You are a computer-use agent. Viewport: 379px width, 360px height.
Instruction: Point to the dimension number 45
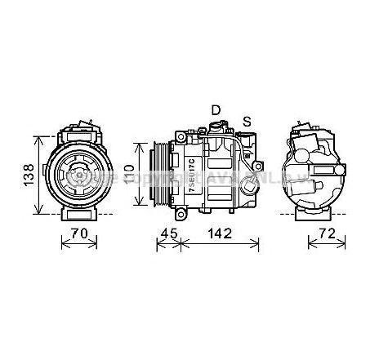pos(168,233)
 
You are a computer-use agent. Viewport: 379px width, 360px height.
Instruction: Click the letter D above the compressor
pos(216,109)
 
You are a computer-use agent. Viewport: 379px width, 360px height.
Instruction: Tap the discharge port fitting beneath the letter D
pos(216,126)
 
